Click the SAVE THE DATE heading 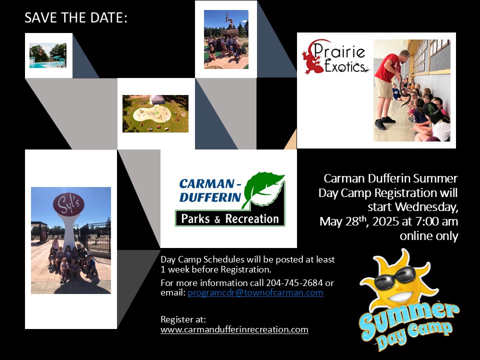point(75,18)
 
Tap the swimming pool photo point(48,55)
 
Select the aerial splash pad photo point(155,113)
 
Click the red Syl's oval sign point(68,204)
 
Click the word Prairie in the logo point(339,51)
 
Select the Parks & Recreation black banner point(230,218)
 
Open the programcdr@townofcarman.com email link point(255,292)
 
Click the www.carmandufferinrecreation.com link point(234,329)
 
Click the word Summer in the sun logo point(408,319)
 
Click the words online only point(429,235)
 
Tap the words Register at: point(183,319)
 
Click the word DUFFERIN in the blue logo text point(210,197)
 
